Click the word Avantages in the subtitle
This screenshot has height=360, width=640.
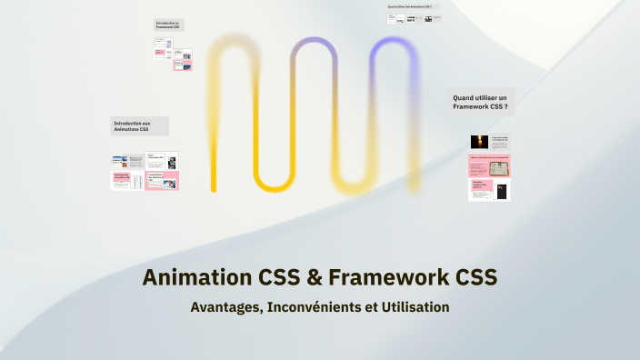(225, 307)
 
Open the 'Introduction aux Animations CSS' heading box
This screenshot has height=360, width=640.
(139, 125)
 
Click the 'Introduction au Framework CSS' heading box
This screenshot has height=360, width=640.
(168, 25)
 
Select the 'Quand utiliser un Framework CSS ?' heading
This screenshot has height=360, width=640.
(482, 102)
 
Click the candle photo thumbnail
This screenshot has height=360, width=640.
(478, 141)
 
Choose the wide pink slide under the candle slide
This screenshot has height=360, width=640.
(489, 165)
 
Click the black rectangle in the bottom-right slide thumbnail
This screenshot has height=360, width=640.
(499, 190)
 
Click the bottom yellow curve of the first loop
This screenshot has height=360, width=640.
(272, 186)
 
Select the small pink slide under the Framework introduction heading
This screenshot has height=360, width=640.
(182, 65)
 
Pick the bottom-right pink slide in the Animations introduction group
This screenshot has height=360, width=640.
(162, 180)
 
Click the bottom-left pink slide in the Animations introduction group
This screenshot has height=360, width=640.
(126, 180)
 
